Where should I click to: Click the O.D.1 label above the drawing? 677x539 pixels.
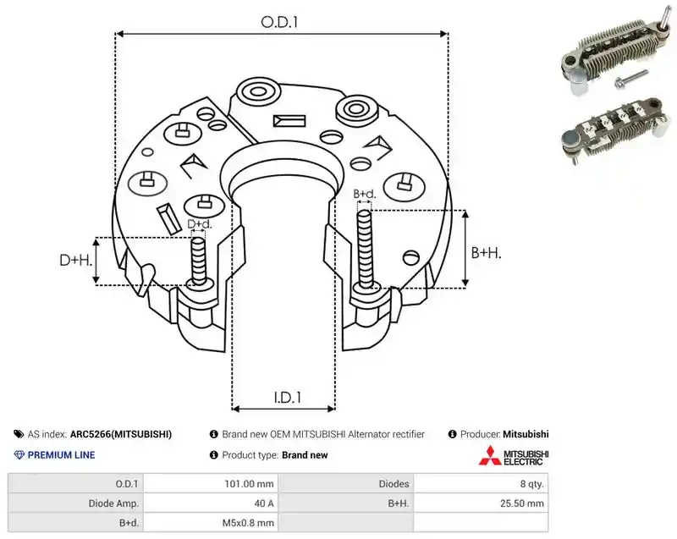279,22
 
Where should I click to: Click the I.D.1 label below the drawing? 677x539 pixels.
287,397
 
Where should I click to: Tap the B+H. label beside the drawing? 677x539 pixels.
486,252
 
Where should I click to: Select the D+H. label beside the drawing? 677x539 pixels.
76,260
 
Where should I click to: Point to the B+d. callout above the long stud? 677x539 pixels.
365,194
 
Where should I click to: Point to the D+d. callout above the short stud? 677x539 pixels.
200,224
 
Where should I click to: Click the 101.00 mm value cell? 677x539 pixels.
249,484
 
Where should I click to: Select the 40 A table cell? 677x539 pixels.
264,503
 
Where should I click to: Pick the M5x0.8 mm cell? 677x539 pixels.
248,523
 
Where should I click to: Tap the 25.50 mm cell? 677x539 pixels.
521,503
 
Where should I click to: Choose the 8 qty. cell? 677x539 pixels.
531,484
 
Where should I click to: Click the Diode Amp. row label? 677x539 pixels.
113,503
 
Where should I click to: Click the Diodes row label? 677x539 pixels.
394,484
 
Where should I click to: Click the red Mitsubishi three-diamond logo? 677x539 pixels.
490,455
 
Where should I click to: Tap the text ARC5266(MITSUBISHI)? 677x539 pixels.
121,434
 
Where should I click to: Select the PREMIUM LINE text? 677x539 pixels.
61,455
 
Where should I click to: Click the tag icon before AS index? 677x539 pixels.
19,434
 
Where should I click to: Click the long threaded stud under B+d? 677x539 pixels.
365,249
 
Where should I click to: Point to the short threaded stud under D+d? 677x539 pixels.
199,261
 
